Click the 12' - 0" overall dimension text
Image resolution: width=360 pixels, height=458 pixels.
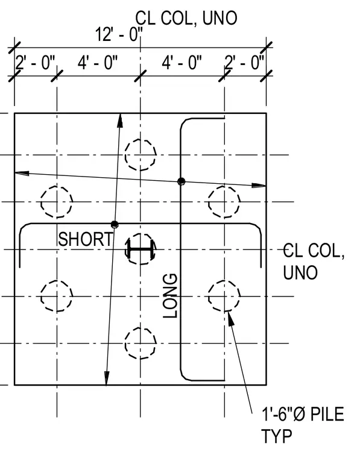click(x=119, y=34)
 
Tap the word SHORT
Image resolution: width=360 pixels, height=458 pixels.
click(x=85, y=239)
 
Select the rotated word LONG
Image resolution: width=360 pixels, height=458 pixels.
click(x=170, y=296)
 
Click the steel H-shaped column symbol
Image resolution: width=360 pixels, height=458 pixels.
click(x=141, y=249)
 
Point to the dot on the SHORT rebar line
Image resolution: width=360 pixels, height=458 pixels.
click(x=115, y=224)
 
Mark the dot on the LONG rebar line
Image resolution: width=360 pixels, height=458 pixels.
click(x=181, y=181)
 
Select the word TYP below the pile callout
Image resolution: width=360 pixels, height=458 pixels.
click(x=276, y=436)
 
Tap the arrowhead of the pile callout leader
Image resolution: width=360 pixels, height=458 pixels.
click(x=230, y=318)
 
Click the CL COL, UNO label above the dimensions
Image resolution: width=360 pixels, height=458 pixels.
click(x=186, y=18)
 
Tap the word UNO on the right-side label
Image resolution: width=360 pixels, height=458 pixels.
click(x=300, y=272)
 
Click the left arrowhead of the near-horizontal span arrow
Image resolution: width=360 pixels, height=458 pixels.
click(x=22, y=173)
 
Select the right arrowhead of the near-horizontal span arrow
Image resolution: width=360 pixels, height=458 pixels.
click(x=259, y=185)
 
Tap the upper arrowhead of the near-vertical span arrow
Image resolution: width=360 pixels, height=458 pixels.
click(x=120, y=121)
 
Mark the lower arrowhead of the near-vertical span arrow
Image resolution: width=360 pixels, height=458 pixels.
click(x=107, y=378)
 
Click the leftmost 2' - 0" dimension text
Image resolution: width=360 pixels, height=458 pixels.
click(x=35, y=63)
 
